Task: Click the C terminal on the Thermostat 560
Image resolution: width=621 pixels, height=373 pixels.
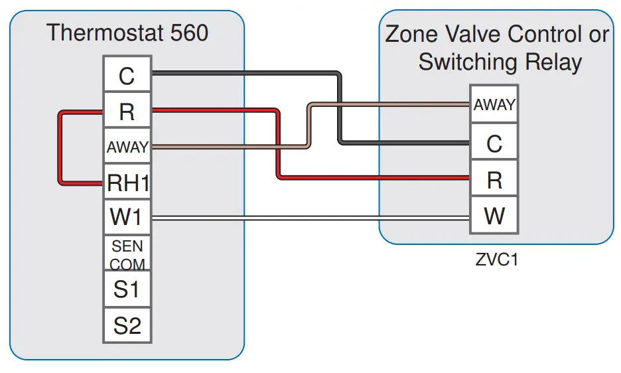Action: [x=127, y=76]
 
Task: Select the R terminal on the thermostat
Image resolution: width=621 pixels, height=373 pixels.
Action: [x=127, y=112]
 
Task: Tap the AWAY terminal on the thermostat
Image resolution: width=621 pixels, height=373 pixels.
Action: [x=127, y=147]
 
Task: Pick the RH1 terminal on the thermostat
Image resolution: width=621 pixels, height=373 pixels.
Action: [x=127, y=183]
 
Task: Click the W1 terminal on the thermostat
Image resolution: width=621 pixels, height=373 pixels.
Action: [x=127, y=217]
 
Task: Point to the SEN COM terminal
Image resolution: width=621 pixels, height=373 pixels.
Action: [x=127, y=255]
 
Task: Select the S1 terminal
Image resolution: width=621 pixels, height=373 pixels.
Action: [x=127, y=290]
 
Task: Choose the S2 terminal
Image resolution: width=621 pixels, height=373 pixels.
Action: [x=127, y=326]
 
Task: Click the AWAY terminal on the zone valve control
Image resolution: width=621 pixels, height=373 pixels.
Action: [x=494, y=105]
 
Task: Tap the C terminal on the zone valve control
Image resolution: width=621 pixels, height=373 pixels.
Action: [x=494, y=143]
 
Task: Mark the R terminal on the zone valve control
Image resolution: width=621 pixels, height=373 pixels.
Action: [x=494, y=179]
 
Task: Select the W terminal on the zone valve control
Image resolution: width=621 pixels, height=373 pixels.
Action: [x=494, y=216]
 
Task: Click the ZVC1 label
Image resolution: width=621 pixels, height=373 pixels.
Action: [x=496, y=260]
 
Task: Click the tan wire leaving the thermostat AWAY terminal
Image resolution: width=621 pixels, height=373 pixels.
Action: [x=226, y=147]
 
